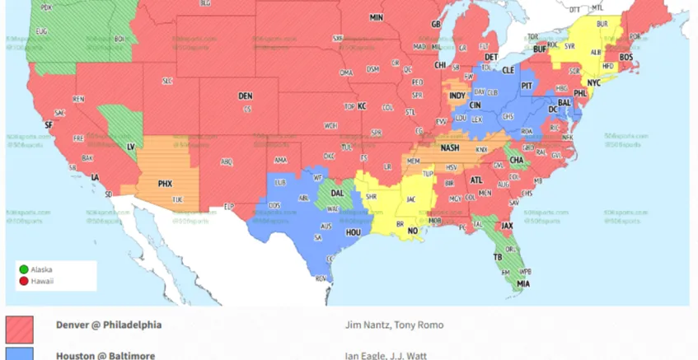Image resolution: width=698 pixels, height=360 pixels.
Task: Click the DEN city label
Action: tap(245, 96)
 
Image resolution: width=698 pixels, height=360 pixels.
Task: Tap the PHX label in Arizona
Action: tap(165, 183)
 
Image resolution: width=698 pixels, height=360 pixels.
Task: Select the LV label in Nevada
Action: tap(130, 146)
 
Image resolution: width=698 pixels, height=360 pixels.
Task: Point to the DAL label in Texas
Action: tap(337, 193)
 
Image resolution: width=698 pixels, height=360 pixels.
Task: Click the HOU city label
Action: tap(354, 232)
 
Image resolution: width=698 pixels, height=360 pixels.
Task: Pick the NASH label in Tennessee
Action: tap(450, 148)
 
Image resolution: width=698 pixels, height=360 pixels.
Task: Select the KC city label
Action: tap(361, 106)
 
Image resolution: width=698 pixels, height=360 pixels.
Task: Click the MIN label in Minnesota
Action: tap(376, 17)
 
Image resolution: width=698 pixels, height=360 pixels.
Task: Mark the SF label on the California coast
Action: tap(48, 124)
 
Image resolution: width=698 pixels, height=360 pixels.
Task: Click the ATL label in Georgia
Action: tap(476, 180)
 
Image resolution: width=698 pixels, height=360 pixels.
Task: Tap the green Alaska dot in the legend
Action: tap(24, 269)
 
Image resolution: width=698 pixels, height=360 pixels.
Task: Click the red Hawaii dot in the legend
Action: tap(24, 281)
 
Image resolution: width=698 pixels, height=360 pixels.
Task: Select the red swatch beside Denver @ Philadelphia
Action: tap(20, 329)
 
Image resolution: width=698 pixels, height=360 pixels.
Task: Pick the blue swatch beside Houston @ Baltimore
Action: tap(20, 354)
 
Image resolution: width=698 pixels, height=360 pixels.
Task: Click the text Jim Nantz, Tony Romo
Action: tap(384, 325)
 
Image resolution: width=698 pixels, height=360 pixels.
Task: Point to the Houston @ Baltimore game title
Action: tap(105, 355)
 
